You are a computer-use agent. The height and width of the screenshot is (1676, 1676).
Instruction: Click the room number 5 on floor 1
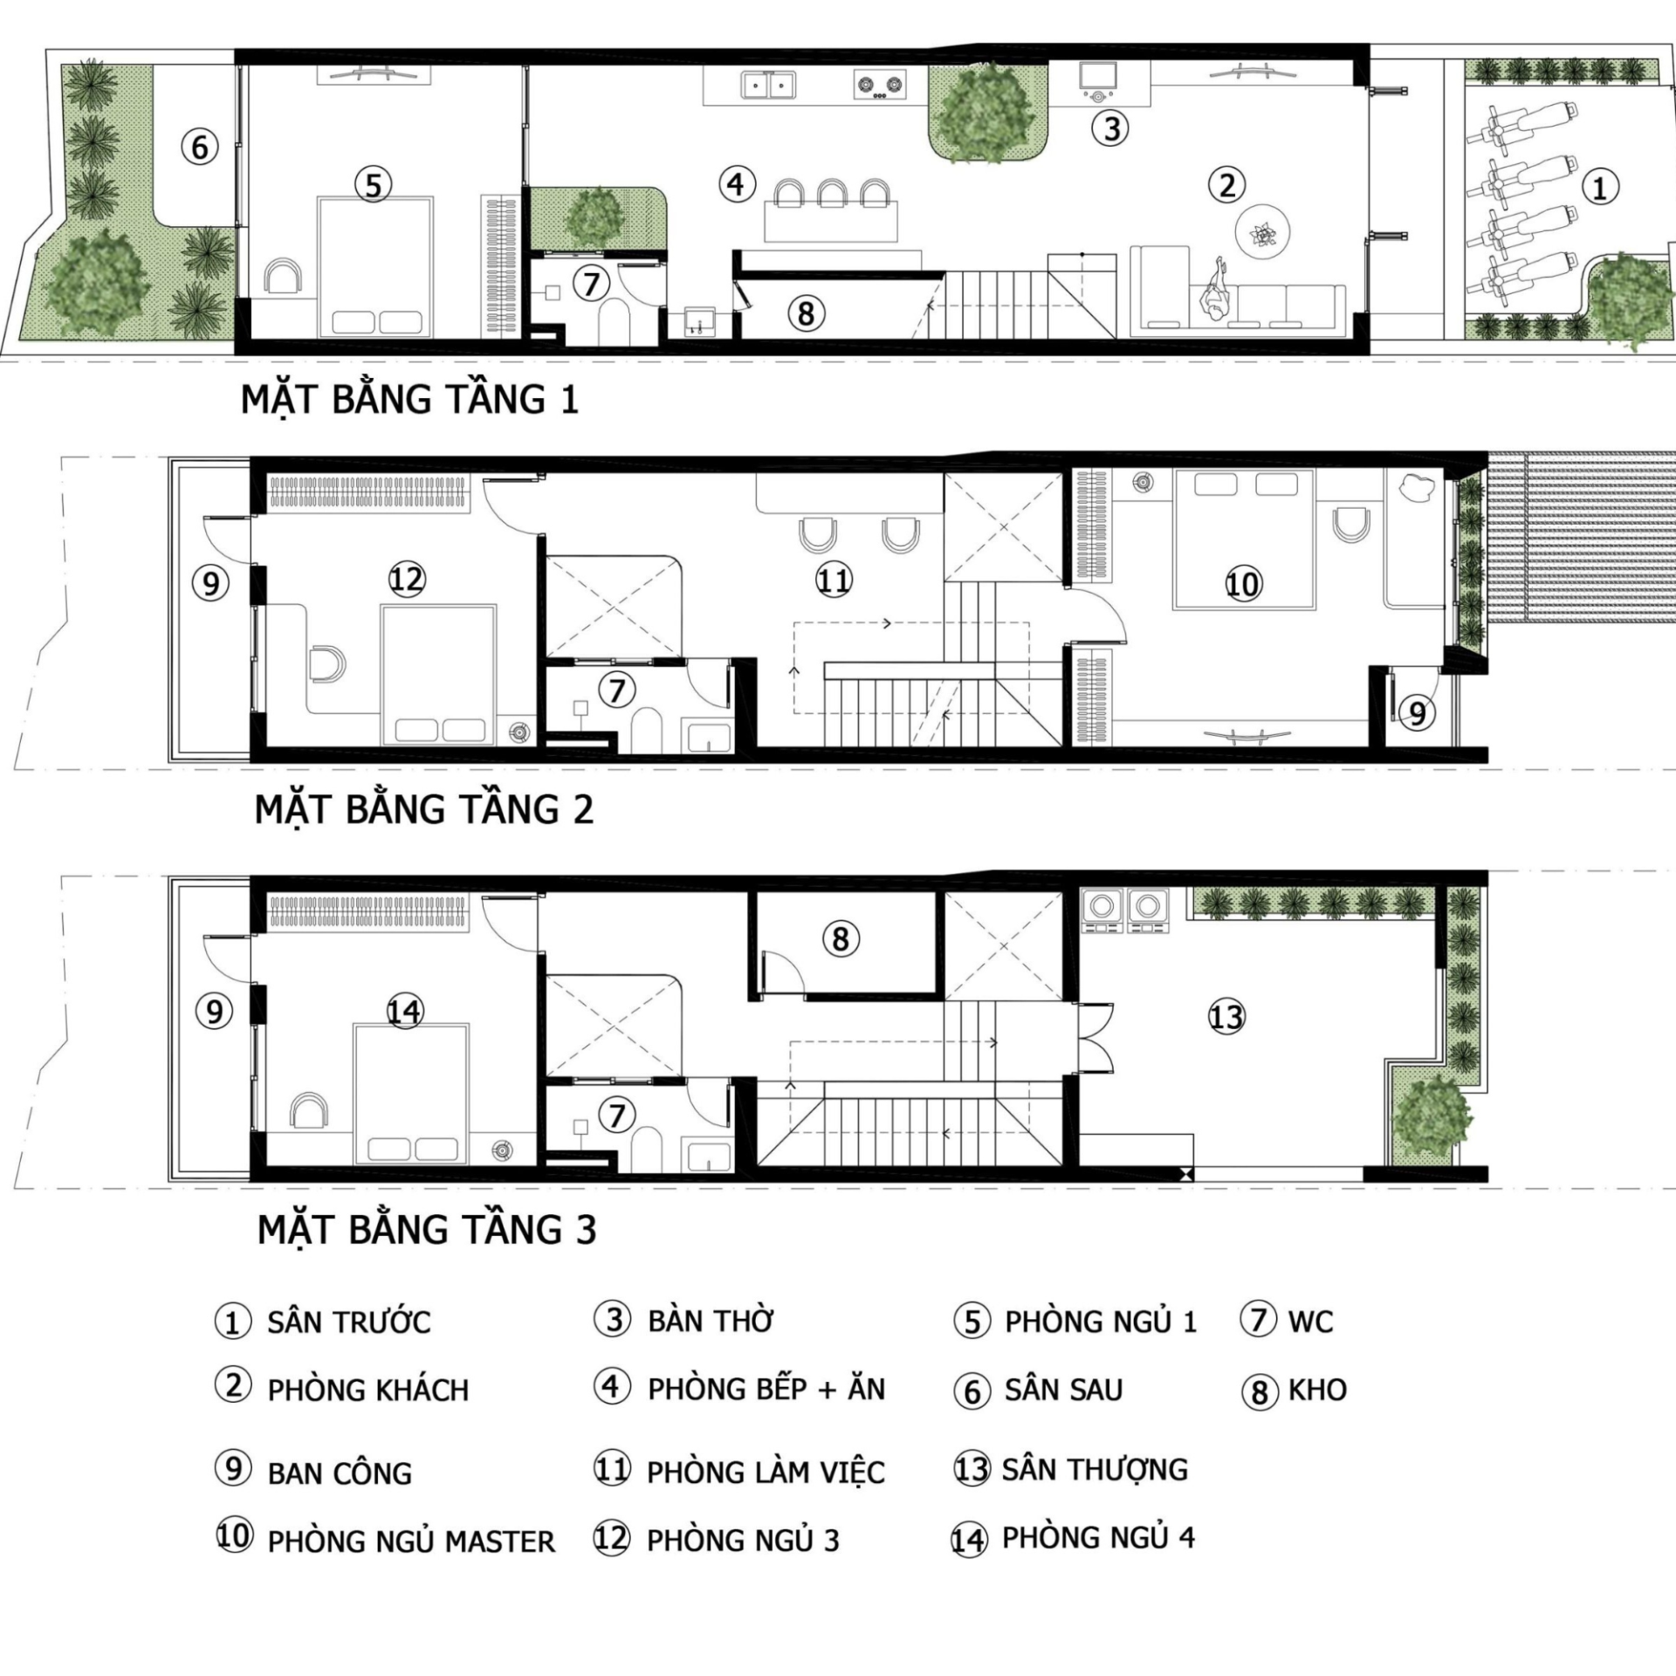pos(373,185)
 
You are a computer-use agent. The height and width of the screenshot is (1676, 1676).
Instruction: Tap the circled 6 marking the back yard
pos(200,147)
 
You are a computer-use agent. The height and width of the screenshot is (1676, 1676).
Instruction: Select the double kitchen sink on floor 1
pos(768,86)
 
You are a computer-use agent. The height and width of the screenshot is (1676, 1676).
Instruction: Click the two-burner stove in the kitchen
pos(879,86)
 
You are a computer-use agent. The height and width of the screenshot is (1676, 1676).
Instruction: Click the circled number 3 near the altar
pos(1111,128)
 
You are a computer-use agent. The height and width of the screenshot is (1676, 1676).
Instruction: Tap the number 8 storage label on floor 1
pos(806,313)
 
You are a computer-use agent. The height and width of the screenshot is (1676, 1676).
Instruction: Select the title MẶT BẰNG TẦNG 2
pos(423,809)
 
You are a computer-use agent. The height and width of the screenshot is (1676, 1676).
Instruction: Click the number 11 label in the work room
pos(833,580)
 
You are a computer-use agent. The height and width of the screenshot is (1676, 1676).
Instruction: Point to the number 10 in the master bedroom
pos(1243,584)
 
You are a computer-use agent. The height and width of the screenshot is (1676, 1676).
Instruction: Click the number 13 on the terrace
pos(1226,1016)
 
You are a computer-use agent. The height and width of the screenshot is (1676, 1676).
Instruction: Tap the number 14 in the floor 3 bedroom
pos(404,1012)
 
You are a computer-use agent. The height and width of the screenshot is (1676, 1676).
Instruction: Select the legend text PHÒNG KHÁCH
pos(367,1391)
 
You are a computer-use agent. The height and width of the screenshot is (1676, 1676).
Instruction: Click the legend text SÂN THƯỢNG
pos(1095,1469)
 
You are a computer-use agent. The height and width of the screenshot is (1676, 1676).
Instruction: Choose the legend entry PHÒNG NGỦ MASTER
pos(410,1542)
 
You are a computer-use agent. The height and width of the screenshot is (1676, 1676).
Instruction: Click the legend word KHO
pos(1317,1390)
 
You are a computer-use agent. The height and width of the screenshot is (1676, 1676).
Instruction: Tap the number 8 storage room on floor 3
pos(840,939)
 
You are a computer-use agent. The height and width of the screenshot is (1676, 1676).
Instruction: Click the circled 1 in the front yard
pos(1600,188)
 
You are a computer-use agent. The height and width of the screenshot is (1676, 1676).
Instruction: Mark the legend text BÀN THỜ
pos(711,1321)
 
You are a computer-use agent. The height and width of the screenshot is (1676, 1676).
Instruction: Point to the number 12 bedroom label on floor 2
pos(406,580)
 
